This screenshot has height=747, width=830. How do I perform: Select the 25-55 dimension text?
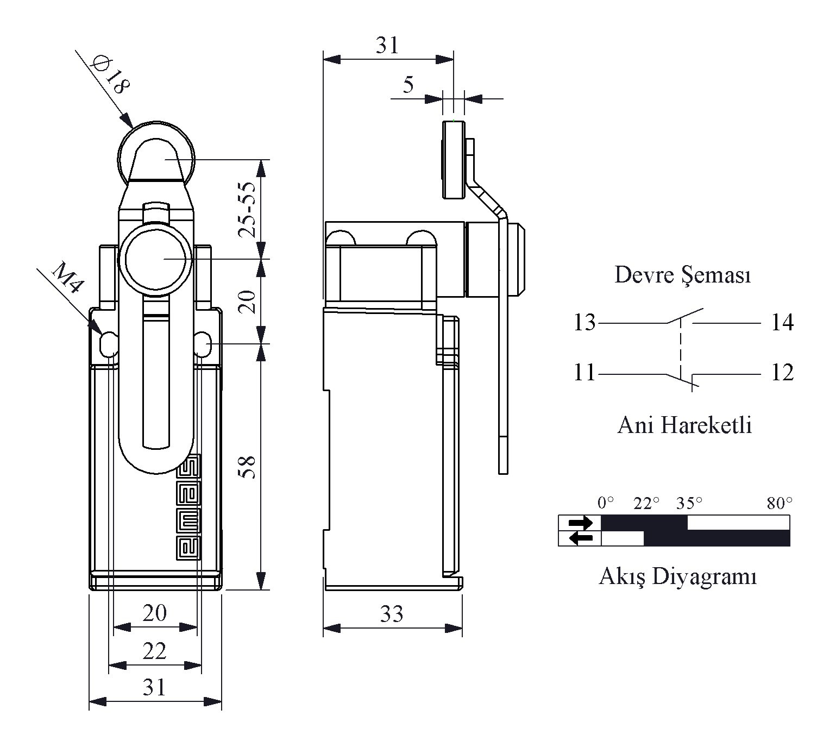(x=248, y=210)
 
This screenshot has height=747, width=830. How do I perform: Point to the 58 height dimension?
(x=248, y=466)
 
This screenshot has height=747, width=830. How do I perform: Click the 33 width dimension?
(x=392, y=614)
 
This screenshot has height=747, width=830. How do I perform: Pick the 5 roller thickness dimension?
(x=408, y=85)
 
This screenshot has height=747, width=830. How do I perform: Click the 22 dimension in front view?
(x=154, y=650)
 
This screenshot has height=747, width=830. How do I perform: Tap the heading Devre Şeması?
(x=683, y=275)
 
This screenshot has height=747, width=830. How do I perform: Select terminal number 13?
(x=585, y=323)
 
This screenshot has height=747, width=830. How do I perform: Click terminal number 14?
(x=782, y=323)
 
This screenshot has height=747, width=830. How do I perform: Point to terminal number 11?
(x=585, y=373)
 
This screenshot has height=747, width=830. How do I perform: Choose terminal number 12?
(x=782, y=373)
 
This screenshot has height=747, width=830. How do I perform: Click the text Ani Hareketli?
(x=684, y=425)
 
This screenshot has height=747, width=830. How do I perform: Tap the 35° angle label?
(x=689, y=504)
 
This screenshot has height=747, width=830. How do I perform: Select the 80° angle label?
(x=779, y=504)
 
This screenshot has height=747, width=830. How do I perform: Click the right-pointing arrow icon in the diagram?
(x=580, y=523)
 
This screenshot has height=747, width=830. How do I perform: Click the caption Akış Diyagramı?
(x=677, y=576)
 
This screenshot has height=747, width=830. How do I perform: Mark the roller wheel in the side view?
(x=454, y=160)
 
